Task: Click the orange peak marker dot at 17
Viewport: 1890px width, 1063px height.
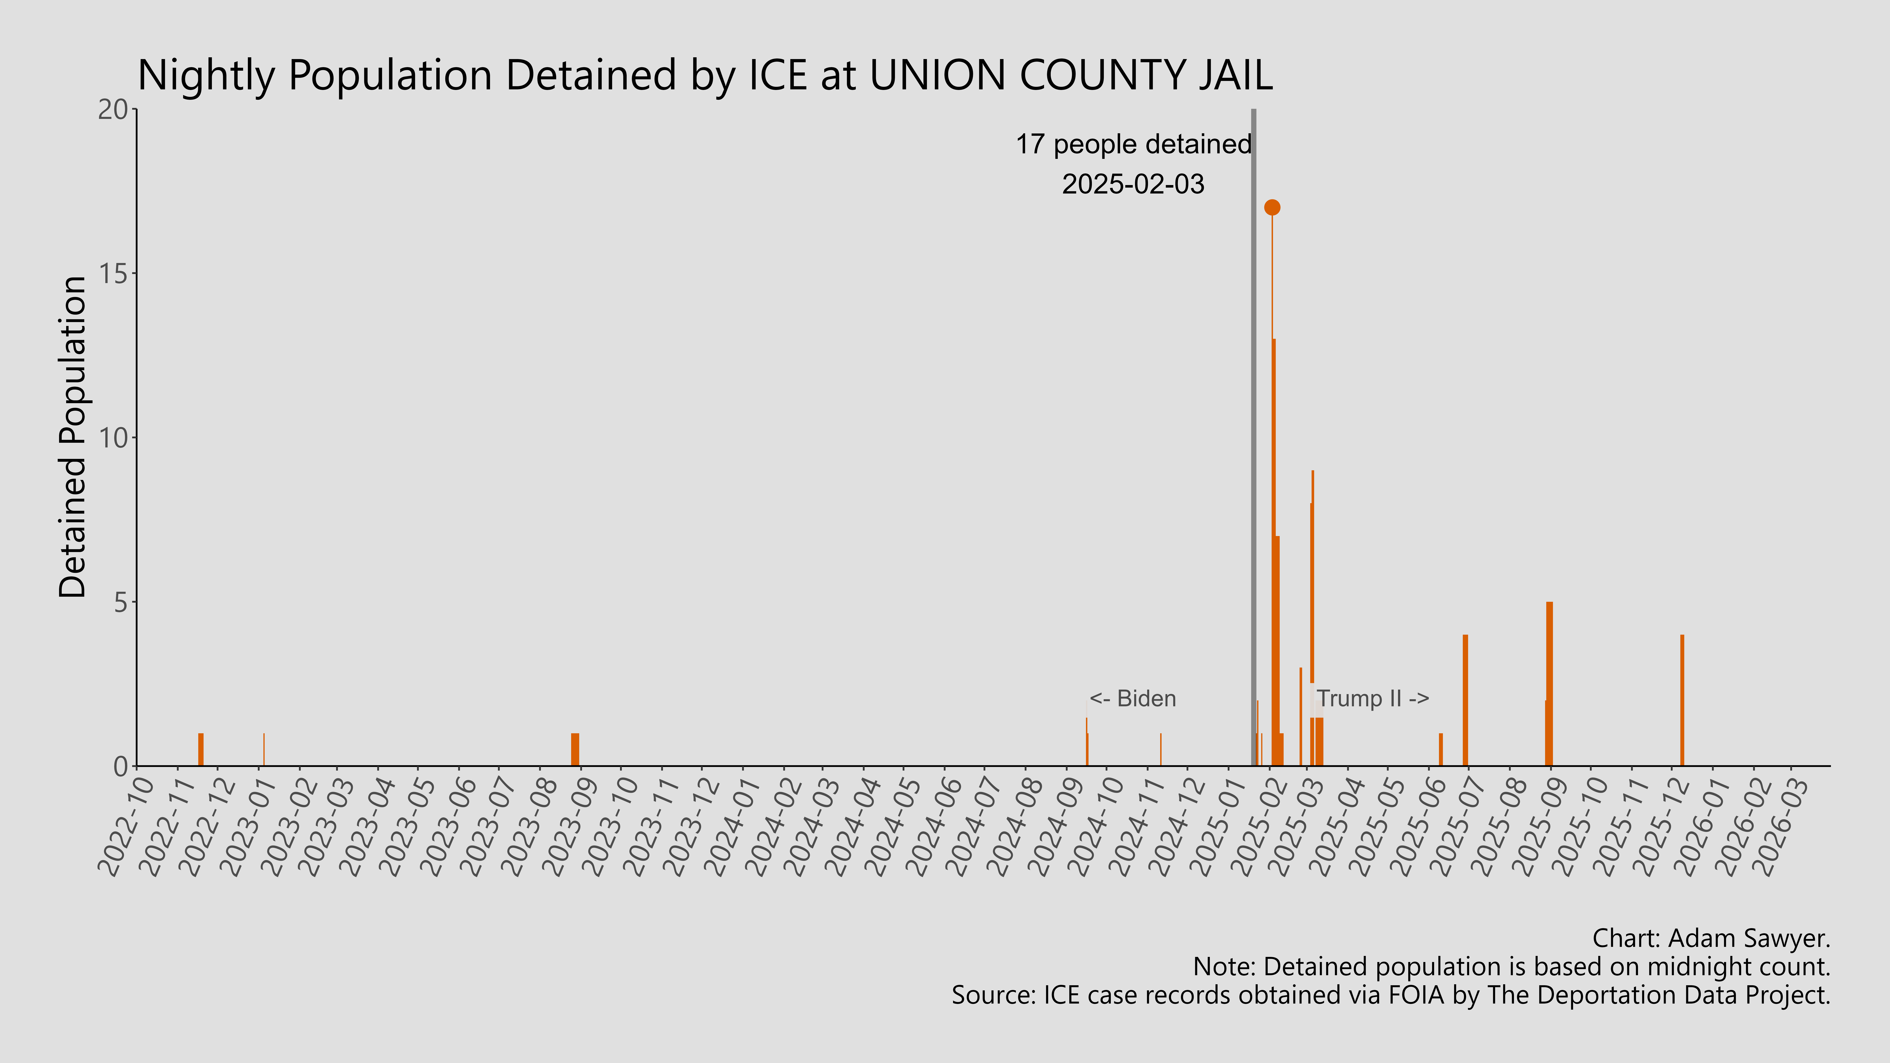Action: coord(1272,208)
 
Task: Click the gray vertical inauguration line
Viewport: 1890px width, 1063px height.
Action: coord(1253,440)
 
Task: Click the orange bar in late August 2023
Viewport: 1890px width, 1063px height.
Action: coord(575,750)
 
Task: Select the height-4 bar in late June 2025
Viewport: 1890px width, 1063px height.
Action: coord(1465,701)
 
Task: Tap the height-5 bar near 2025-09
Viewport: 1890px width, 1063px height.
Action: coord(1550,684)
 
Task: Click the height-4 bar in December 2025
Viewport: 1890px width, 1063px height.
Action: coord(1682,701)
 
